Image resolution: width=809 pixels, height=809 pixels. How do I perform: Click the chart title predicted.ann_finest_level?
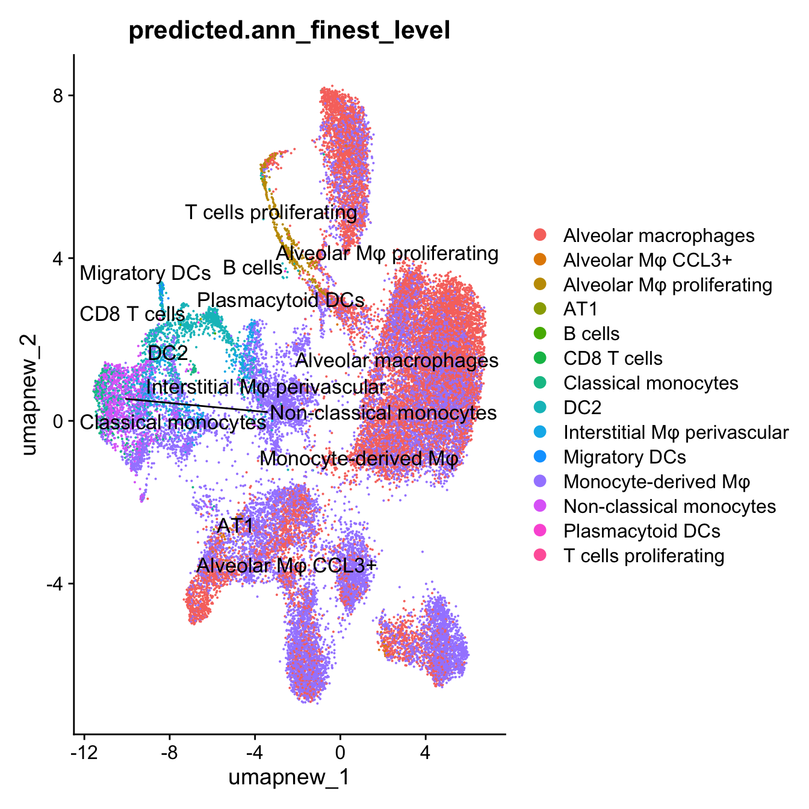pos(290,30)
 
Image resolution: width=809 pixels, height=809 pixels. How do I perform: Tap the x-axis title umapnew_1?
pos(289,777)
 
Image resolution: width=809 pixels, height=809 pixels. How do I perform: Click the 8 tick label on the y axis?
pos(58,95)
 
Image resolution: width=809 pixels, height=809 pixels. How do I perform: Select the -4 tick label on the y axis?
pos(54,584)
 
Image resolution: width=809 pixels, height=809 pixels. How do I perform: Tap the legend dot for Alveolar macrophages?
pos(540,235)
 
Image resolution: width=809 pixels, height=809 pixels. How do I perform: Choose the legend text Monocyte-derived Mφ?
pos(656,482)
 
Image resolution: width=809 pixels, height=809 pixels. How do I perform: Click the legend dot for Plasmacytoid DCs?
pos(540,531)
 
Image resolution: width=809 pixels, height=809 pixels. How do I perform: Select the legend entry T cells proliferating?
pos(643,556)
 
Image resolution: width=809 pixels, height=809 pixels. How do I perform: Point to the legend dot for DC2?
pos(540,408)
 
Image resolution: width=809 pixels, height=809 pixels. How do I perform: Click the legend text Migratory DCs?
pos(624,457)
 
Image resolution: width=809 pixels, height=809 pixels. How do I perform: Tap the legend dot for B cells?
pos(540,333)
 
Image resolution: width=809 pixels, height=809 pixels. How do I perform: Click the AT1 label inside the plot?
pos(235,525)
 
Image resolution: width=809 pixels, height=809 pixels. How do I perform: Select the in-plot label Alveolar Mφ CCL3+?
pos(287,565)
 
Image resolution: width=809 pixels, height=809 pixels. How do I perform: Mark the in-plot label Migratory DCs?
pos(145,273)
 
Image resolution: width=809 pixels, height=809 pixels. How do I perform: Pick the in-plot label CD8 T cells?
pos(132,314)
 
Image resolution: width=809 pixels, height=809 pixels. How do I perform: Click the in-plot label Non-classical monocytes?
pos(383,413)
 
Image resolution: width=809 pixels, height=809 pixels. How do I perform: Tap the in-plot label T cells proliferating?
pos(271,212)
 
